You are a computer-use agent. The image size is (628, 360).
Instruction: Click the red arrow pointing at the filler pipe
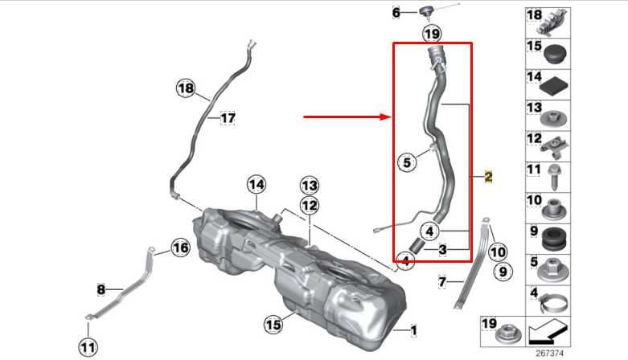point(346,117)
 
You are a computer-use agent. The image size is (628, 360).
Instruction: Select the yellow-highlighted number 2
point(488,177)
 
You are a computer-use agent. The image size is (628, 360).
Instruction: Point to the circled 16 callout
point(180,248)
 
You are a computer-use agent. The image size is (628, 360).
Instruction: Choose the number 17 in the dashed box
point(228,118)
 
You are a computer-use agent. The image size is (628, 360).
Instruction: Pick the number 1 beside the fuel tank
point(414,329)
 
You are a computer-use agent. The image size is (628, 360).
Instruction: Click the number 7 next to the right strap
point(442,281)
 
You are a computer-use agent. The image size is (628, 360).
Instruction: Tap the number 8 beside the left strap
point(101,288)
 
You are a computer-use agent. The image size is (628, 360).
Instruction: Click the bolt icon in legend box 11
point(555,175)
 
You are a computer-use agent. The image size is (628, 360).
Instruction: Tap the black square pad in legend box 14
point(555,82)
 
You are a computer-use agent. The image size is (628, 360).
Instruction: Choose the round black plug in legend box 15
point(555,53)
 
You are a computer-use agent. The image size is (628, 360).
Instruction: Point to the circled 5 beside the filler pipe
point(406,162)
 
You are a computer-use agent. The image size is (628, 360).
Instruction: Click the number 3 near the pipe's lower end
point(442,250)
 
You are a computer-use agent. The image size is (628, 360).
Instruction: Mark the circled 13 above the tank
point(310,186)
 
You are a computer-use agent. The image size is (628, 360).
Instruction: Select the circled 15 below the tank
point(274,325)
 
